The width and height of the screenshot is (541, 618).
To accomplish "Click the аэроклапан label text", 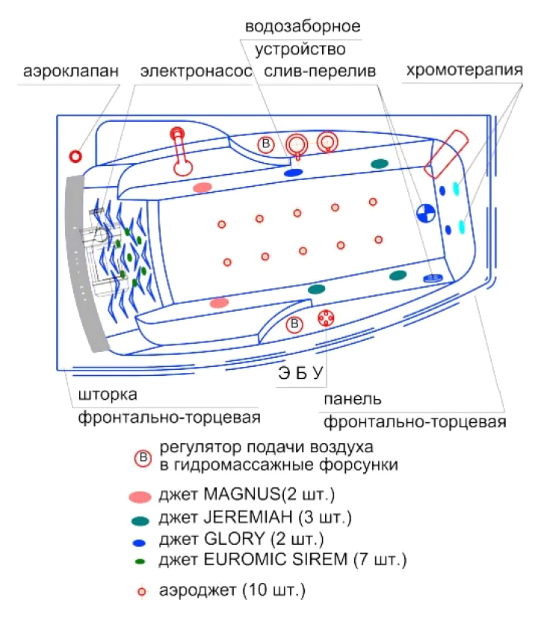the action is pos(71,71).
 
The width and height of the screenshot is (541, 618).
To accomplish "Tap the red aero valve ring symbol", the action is pos(75,156).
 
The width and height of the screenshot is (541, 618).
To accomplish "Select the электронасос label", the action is pos(196,71).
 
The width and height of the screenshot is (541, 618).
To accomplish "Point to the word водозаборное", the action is pos(303,27).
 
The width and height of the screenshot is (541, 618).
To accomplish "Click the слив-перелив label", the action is pos(320,71).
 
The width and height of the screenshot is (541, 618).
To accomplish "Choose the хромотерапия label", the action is pos(465,70).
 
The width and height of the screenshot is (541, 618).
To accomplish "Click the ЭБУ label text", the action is pos(300,373).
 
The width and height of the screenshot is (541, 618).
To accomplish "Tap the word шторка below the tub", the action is pos(108,395).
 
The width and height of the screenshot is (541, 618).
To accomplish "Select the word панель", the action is pos(353,399).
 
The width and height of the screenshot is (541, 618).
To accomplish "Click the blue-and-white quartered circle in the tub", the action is pos(426,213).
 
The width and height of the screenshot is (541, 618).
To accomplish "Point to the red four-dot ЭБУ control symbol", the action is pos(326,318).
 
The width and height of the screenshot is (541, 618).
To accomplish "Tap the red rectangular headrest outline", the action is pos(446,154).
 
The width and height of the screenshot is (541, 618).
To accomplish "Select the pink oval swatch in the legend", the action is pos(140,497).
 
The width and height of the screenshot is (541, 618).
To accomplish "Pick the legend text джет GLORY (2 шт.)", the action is pos(241,539).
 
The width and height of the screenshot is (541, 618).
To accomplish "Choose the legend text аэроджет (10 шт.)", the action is pos(232,590).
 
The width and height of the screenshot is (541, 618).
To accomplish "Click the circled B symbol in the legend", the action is pos(143,458).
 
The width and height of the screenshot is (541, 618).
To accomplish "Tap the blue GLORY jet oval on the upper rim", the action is pos(294,173).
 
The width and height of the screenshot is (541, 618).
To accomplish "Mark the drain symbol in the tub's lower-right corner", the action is pos(433,278).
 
